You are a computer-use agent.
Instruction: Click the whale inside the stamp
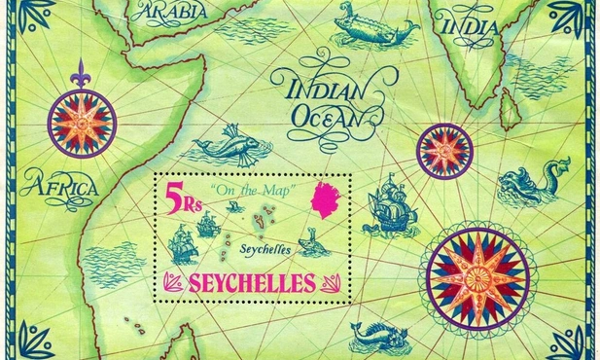309,240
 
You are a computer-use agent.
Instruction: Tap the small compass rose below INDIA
444,152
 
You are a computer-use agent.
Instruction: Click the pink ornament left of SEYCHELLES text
176,284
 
